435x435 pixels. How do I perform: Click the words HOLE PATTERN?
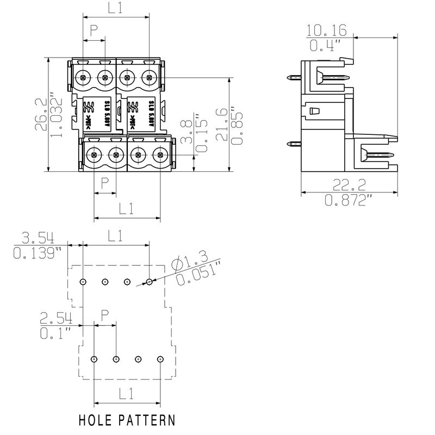pyautogui.click(x=127, y=420)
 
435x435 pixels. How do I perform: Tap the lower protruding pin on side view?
pyautogui.click(x=294, y=144)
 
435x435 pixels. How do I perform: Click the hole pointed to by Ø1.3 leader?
pyautogui.click(x=150, y=282)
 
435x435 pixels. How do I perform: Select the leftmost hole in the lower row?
pyautogui.click(x=94, y=359)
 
